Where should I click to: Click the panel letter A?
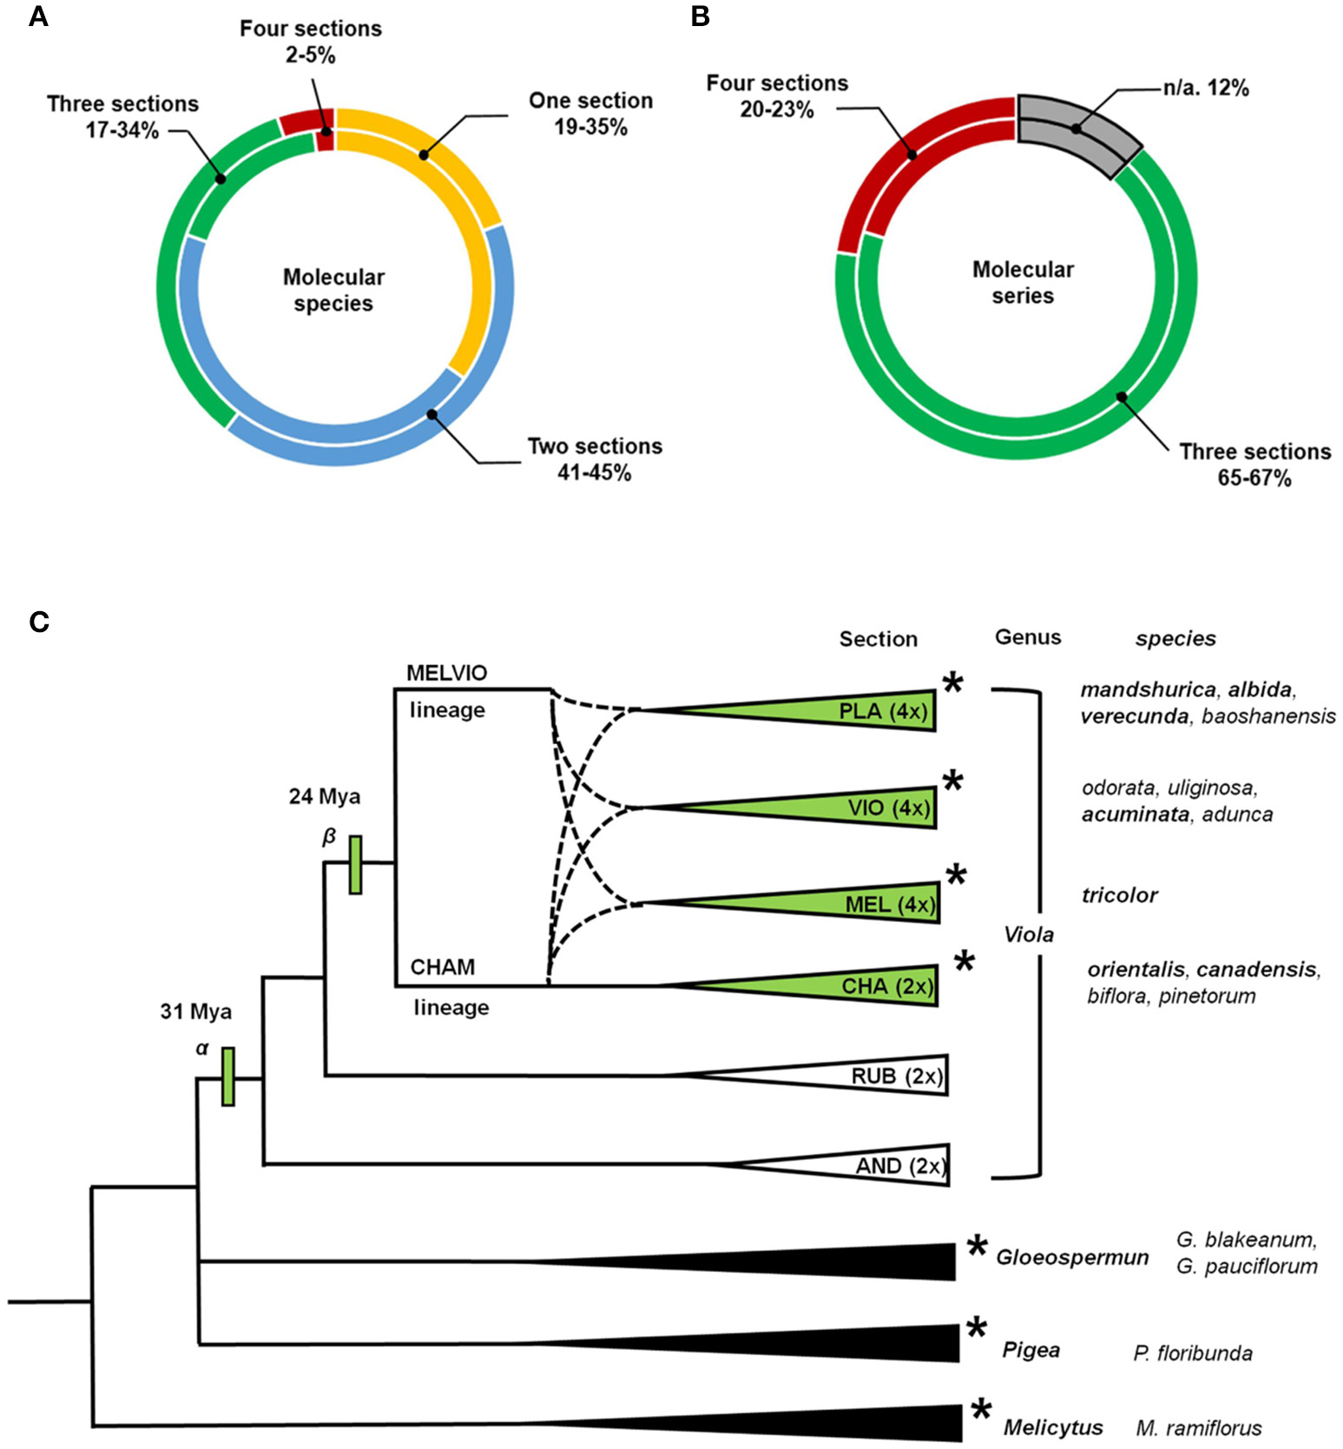click(37, 16)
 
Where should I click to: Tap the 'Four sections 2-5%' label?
click(311, 42)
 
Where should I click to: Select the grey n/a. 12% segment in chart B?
click(1076, 130)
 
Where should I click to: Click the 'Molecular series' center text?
click(1023, 282)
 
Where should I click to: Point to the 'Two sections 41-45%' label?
click(595, 459)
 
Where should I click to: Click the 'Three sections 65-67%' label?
click(1254, 464)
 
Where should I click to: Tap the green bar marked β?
click(355, 864)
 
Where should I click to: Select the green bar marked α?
click(227, 1076)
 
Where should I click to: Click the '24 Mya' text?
click(325, 796)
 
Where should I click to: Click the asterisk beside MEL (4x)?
click(955, 875)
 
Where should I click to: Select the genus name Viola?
click(1029, 934)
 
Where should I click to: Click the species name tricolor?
click(1119, 895)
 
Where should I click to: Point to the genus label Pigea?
click(1030, 1350)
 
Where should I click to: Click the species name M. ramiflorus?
click(1198, 1428)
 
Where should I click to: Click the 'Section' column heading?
click(878, 639)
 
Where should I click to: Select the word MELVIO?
click(446, 673)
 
